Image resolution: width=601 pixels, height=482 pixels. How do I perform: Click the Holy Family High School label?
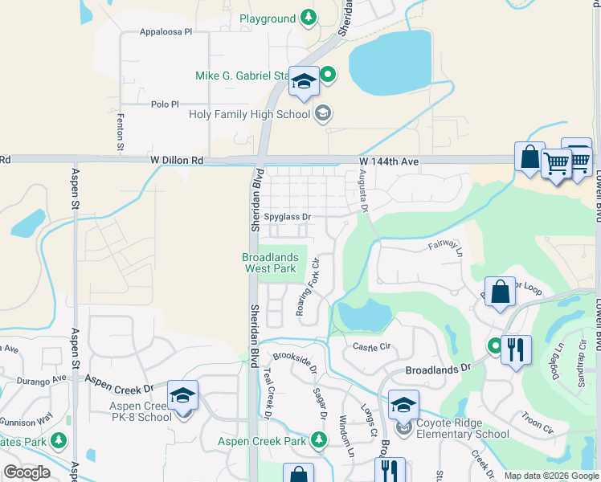249,114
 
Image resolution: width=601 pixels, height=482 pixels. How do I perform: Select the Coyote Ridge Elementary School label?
461,429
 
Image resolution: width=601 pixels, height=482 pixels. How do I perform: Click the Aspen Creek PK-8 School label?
141,411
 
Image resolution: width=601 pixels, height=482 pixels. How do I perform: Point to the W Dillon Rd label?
177,161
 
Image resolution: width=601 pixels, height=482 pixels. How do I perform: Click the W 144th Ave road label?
389,161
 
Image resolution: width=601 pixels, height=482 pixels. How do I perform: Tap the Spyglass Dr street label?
287,217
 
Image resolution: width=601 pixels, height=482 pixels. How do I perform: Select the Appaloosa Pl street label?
166,33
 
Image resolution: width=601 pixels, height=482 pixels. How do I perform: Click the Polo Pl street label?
165,104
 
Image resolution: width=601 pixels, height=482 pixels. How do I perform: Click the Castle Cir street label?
371,346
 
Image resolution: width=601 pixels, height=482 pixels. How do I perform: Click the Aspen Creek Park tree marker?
319,440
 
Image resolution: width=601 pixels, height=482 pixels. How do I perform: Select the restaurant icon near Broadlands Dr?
516,349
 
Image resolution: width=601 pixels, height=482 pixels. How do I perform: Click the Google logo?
27,472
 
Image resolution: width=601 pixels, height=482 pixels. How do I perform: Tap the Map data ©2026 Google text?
551,476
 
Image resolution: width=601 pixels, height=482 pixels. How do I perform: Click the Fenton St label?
121,132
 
